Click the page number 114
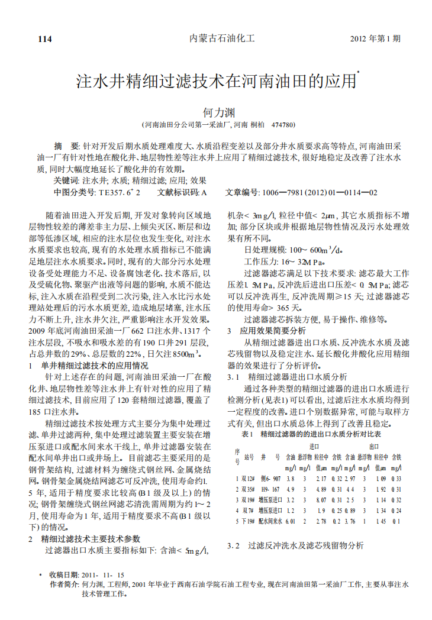45,39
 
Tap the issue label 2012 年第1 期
375,39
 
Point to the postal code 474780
282,125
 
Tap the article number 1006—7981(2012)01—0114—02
319,192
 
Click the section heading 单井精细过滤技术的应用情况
95,365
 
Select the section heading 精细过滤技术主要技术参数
91,539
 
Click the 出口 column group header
374,446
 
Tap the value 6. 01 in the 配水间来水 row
290,521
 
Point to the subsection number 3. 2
234,545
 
